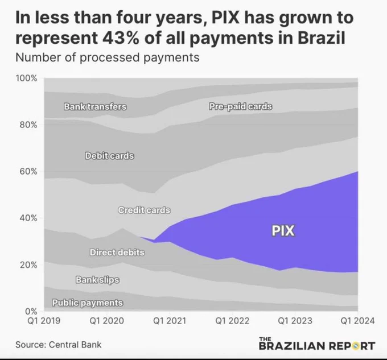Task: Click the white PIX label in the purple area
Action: click(x=283, y=231)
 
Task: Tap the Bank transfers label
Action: click(x=95, y=107)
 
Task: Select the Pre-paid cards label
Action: click(x=240, y=106)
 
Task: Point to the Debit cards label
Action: click(x=109, y=156)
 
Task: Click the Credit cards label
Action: click(x=144, y=210)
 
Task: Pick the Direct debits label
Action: click(x=117, y=253)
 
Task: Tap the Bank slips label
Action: click(x=97, y=280)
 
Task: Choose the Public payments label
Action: click(x=88, y=303)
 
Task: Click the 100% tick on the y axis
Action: click(x=26, y=78)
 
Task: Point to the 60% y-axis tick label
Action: click(x=28, y=171)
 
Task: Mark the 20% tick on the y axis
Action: click(x=28, y=265)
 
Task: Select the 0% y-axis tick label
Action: click(x=31, y=311)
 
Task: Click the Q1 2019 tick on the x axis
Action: click(x=44, y=321)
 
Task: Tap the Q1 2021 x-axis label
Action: click(x=170, y=321)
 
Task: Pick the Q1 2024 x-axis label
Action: click(x=357, y=321)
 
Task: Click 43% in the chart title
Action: click(x=121, y=38)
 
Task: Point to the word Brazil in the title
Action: click(x=321, y=38)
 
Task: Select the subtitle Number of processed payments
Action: click(x=108, y=57)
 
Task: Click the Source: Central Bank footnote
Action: click(x=58, y=345)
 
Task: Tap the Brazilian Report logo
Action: click(x=317, y=344)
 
